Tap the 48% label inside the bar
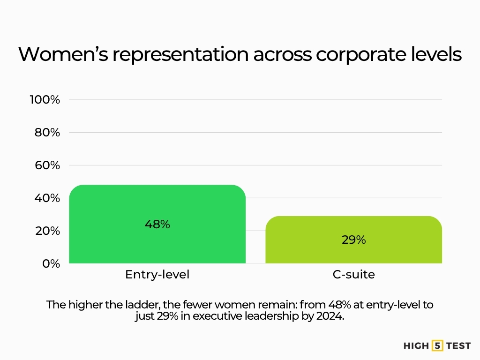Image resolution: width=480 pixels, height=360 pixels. [x=157, y=224]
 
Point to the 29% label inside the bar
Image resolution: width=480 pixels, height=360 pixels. [x=353, y=240]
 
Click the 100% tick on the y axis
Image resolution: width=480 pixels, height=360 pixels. [x=45, y=99]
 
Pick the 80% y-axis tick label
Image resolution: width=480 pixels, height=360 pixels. [x=47, y=132]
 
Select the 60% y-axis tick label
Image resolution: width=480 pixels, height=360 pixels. [x=47, y=165]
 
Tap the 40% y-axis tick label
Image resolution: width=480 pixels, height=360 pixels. [x=47, y=198]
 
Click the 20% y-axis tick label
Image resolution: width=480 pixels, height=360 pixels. [x=47, y=231]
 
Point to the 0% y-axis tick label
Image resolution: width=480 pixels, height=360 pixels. [x=51, y=263]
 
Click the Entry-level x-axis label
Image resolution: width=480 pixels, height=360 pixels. [x=157, y=275]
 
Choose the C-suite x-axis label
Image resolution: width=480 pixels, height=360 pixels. [x=353, y=275]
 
